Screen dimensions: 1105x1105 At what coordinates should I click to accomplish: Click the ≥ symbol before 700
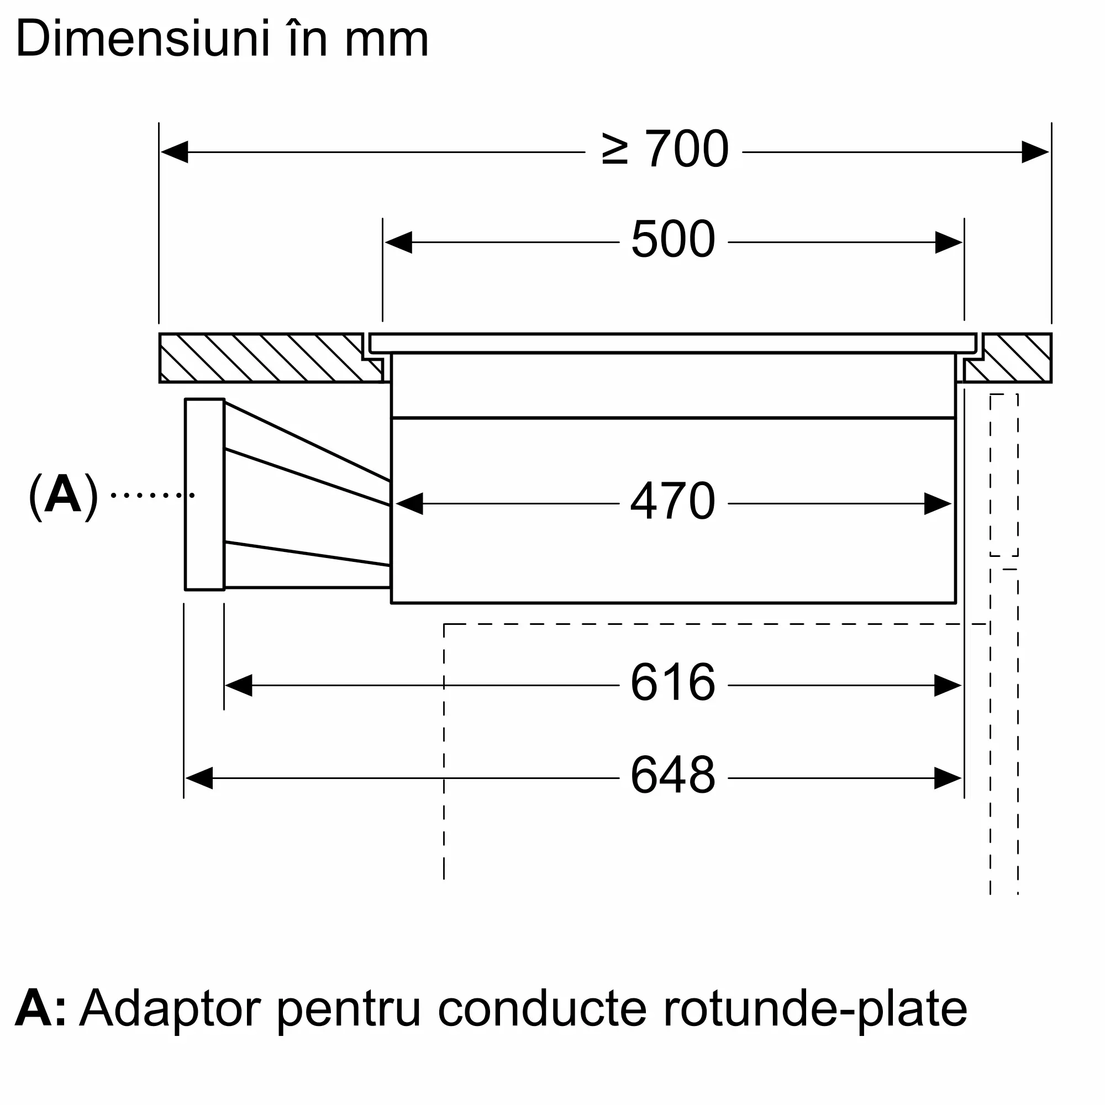pyautogui.click(x=615, y=150)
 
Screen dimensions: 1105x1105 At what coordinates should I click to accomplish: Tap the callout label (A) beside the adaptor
pyautogui.click(x=63, y=495)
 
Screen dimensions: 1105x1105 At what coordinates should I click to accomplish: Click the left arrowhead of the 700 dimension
pyautogui.click(x=175, y=152)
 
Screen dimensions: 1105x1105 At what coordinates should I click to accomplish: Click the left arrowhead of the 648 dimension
pyautogui.click(x=199, y=778)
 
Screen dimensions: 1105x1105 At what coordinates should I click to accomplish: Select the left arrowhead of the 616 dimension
pyautogui.click(x=239, y=685)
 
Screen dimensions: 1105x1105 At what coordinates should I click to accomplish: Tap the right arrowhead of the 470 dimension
pyautogui.click(x=938, y=504)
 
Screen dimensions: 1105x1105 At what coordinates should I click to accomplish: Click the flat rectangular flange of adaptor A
pyautogui.click(x=204, y=494)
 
